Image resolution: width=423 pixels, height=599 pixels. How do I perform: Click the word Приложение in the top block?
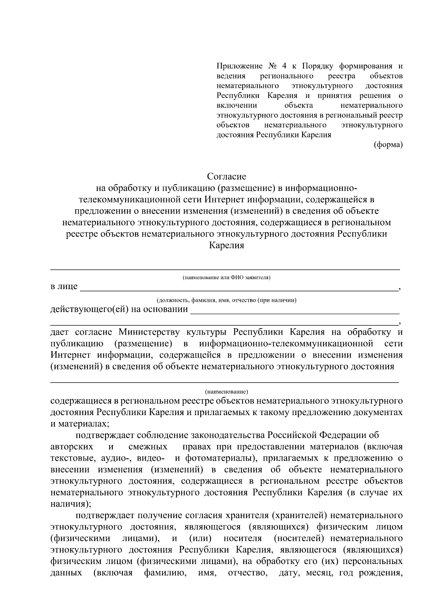point(239,66)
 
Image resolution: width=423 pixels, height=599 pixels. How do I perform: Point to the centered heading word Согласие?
point(226,176)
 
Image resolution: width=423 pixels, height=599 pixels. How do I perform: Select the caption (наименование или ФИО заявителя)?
point(226,277)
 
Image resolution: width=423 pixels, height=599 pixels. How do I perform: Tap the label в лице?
point(64,286)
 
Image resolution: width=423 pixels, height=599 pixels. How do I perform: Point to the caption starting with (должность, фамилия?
point(226,300)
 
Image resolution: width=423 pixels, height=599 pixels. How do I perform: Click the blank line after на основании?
point(294,312)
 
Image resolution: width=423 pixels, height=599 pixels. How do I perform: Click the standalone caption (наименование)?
point(226,391)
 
